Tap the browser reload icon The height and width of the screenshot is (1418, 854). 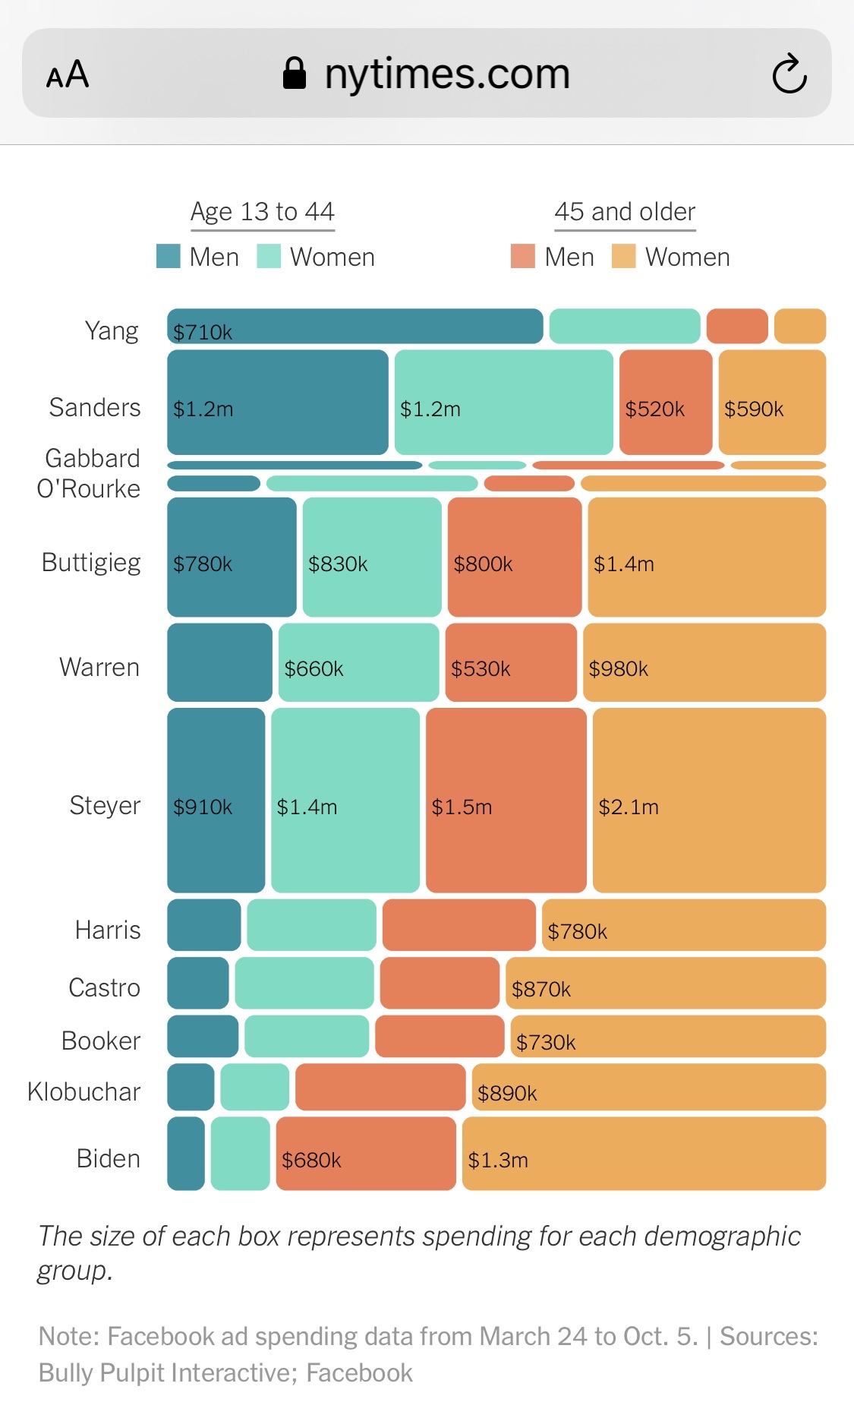[x=789, y=74]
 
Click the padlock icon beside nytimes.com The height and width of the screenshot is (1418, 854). [x=295, y=74]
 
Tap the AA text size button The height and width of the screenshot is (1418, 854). [x=68, y=74]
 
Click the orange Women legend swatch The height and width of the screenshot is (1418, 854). [x=623, y=257]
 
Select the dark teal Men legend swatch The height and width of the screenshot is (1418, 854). [x=168, y=257]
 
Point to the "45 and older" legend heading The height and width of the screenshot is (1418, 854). [x=625, y=211]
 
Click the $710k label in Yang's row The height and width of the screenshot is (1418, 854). [x=203, y=332]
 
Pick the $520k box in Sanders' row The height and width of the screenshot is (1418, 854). [x=665, y=403]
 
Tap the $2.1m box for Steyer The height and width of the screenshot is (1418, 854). [x=709, y=800]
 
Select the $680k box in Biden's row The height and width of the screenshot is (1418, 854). [x=366, y=1153]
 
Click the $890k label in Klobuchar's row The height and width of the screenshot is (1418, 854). [x=507, y=1093]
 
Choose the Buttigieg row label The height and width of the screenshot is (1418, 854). [x=91, y=562]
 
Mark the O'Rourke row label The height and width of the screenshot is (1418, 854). [x=89, y=488]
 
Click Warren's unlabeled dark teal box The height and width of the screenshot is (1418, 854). [x=219, y=662]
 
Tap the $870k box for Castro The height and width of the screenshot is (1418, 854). [x=665, y=983]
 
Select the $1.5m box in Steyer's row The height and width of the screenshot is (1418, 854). [x=506, y=800]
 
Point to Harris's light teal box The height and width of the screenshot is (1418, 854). [x=311, y=925]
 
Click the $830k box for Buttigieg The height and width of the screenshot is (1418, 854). [x=372, y=557]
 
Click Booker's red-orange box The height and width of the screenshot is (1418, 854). [x=440, y=1036]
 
